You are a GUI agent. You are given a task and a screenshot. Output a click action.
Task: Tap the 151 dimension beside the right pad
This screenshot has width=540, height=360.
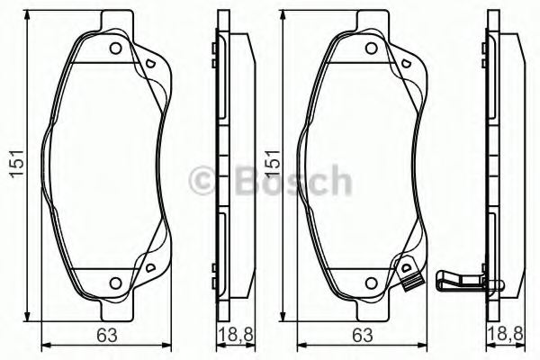click(x=269, y=165)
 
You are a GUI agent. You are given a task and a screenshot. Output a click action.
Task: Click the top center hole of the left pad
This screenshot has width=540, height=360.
click(x=116, y=49)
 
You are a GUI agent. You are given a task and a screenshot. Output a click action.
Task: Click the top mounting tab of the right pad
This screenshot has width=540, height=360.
click(x=370, y=18)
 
